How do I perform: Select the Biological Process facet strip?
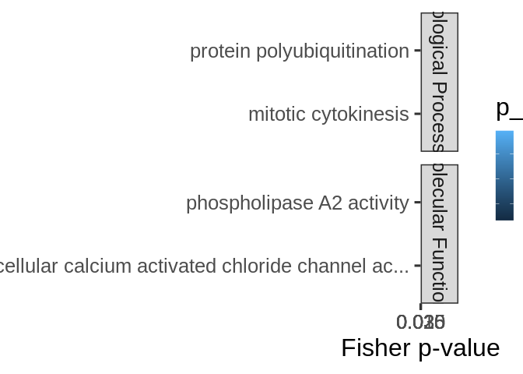click(440, 82)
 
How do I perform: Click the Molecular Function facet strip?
click(440, 234)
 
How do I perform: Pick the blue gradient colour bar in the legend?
click(504, 175)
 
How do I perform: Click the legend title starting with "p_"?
click(508, 109)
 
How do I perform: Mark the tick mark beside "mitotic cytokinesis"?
click(418, 115)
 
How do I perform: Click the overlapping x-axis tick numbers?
click(421, 322)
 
